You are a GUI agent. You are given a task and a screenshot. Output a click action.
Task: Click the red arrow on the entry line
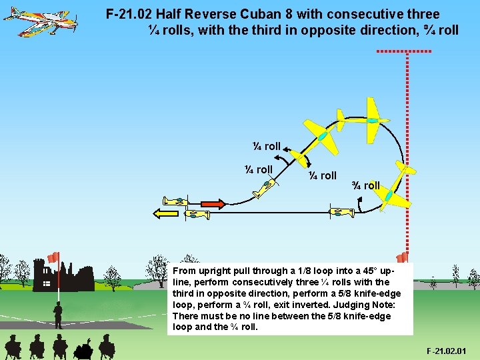tap(212, 203)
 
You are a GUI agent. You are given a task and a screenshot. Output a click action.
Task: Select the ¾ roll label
tap(366, 185)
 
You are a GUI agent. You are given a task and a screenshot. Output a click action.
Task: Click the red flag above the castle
tap(53, 257)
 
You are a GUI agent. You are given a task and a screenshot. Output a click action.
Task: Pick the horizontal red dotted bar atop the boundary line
tap(404, 51)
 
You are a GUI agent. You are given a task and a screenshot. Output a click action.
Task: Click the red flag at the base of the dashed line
tap(402, 257)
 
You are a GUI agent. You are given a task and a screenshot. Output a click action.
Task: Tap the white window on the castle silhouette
tap(46, 283)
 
